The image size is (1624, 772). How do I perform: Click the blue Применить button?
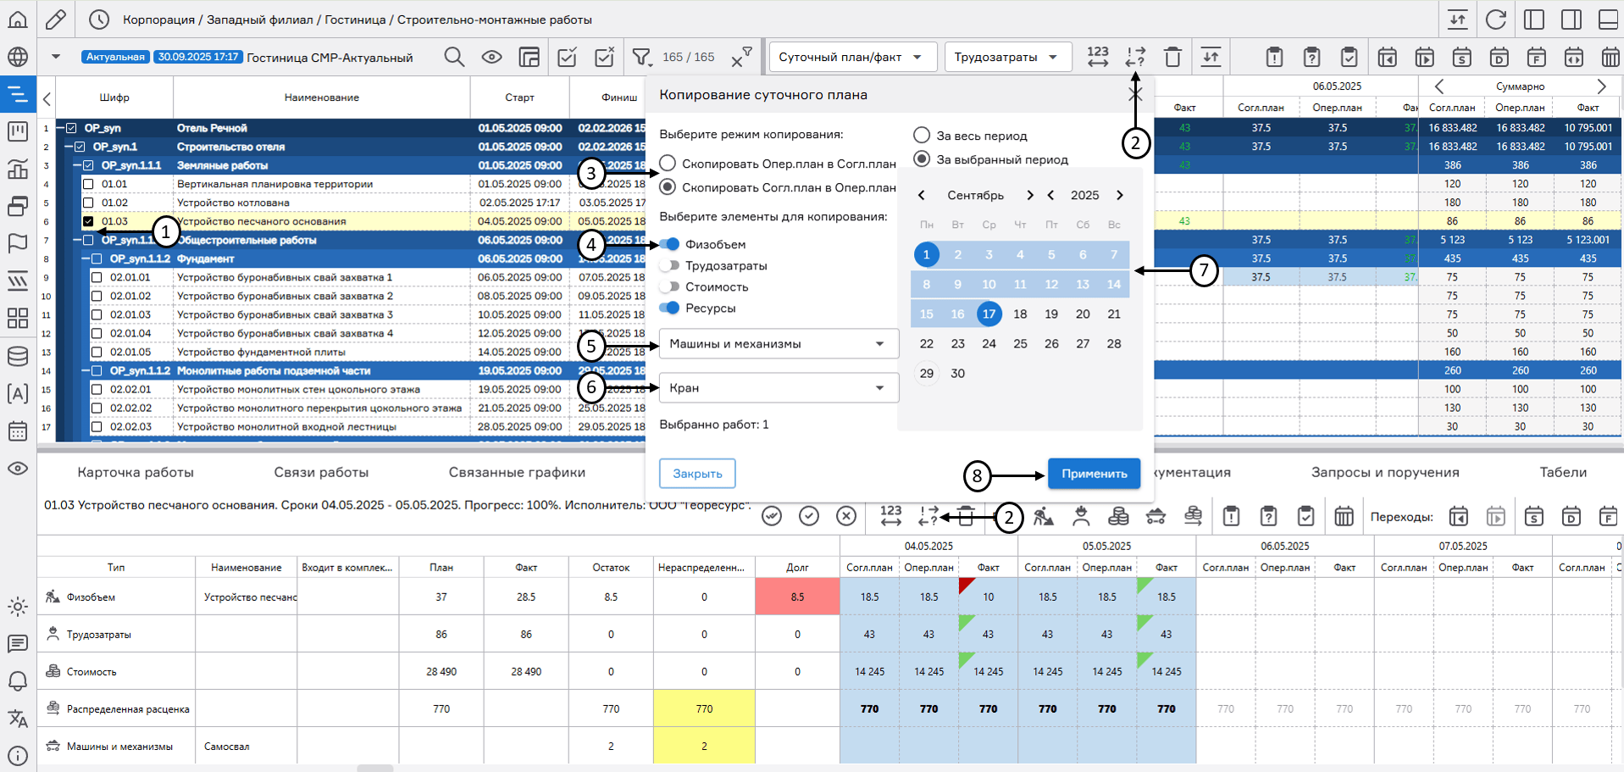click(x=1093, y=474)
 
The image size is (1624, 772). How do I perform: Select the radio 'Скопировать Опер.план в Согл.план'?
click(x=668, y=164)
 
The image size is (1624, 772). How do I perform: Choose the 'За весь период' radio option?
click(x=922, y=136)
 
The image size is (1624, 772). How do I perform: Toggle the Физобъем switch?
click(x=670, y=245)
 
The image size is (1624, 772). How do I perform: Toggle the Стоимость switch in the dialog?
click(x=670, y=287)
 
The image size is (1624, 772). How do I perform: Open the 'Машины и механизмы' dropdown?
click(x=778, y=344)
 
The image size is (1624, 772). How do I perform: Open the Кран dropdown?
click(x=778, y=388)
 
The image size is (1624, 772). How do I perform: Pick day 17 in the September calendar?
click(x=989, y=314)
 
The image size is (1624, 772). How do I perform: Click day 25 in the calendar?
click(x=1020, y=344)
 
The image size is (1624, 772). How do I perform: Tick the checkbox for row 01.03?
click(x=88, y=222)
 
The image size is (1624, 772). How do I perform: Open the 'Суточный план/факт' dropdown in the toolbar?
click(x=851, y=58)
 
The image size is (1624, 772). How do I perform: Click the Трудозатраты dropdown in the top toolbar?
click(x=1006, y=58)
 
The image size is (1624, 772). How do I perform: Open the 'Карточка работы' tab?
click(x=136, y=473)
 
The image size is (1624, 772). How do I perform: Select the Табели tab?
click(x=1562, y=473)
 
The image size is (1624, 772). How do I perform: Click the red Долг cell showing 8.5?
click(x=796, y=597)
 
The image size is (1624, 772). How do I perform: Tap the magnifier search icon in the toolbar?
click(x=454, y=58)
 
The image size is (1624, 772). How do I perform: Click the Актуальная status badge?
click(x=115, y=58)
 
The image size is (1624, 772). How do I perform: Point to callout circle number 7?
click(x=1203, y=271)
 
